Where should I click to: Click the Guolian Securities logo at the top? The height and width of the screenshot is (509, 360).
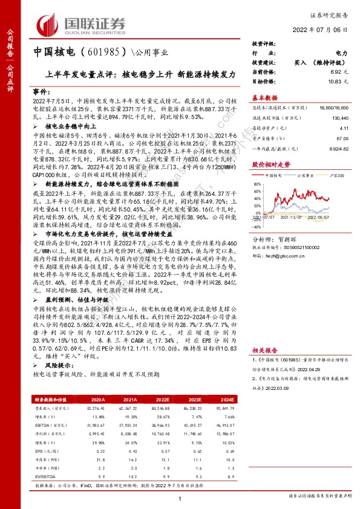pyautogui.click(x=82, y=24)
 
